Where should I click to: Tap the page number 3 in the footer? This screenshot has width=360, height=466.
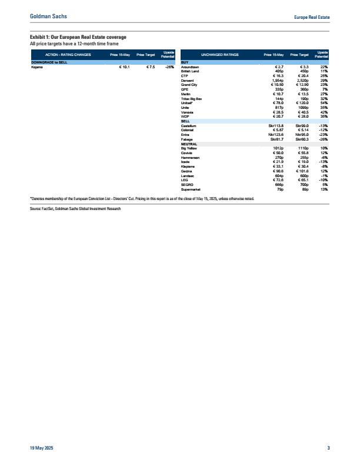328,450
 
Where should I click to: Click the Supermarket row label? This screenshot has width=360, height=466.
192,189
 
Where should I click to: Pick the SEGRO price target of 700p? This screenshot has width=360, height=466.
301,185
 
